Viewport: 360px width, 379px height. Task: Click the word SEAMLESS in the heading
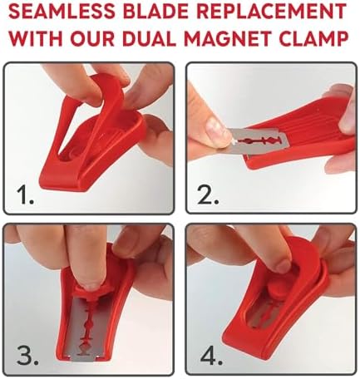(x=62, y=12)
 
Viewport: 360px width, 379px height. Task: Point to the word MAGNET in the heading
(x=228, y=38)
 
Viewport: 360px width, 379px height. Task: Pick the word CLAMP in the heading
(x=313, y=38)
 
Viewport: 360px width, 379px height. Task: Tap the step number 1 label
(x=26, y=194)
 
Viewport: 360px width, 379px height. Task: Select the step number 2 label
(x=209, y=194)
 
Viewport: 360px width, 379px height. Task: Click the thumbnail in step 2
(x=218, y=130)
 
